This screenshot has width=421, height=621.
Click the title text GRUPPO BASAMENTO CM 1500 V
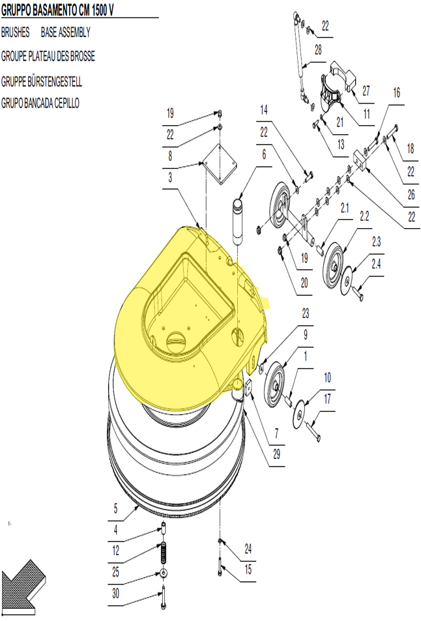(57, 10)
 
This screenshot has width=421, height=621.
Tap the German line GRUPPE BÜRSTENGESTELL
(42, 81)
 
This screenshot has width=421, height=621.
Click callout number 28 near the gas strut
(318, 50)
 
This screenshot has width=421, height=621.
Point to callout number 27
(366, 91)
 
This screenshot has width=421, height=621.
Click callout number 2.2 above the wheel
(364, 216)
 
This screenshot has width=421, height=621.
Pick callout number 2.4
(376, 264)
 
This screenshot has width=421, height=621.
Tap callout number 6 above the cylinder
(264, 154)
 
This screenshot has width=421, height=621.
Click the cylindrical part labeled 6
(239, 222)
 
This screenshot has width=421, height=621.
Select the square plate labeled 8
(220, 164)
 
